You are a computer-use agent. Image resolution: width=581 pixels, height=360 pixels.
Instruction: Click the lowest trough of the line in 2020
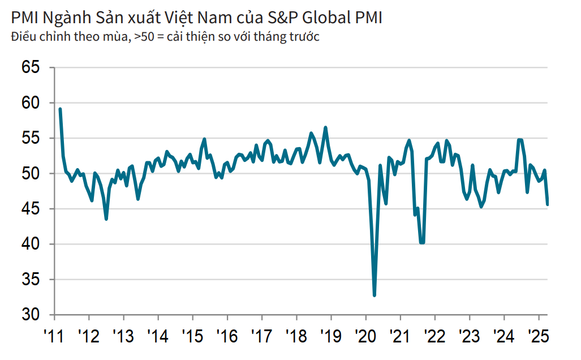[x=375, y=295]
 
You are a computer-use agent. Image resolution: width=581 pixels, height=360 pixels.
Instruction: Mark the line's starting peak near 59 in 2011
[x=60, y=109]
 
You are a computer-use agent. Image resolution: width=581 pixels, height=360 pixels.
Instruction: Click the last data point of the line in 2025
[x=548, y=204]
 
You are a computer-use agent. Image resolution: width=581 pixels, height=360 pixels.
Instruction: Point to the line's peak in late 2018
[x=325, y=127]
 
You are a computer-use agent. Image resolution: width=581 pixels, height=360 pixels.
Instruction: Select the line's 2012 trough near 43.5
[x=106, y=218]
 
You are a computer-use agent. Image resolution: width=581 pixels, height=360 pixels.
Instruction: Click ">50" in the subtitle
[x=144, y=38]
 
